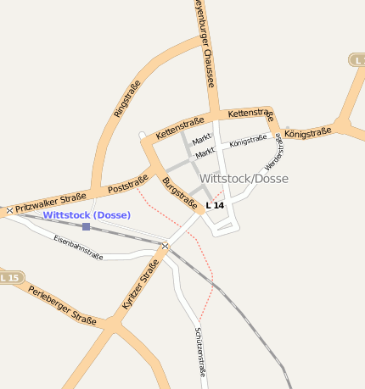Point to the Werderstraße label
pyautogui.click(x=274, y=151)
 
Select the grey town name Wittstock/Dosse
pyautogui.click(x=244, y=179)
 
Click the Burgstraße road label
pyautogui.click(x=179, y=193)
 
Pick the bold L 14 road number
pyautogui.click(x=216, y=205)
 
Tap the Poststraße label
pyautogui.click(x=128, y=184)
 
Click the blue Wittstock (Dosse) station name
pyautogui.click(x=87, y=215)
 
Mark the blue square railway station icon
pyautogui.click(x=86, y=227)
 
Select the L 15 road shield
pyautogui.click(x=9, y=277)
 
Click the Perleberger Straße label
pyautogui.click(x=62, y=305)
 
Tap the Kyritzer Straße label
pyautogui.click(x=140, y=285)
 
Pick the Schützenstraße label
pyautogui.click(x=200, y=350)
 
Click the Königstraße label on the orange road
pyautogui.click(x=308, y=133)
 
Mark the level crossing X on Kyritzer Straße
pyautogui.click(x=166, y=246)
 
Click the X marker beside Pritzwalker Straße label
pyautogui.click(x=9, y=209)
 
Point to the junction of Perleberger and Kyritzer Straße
pyautogui.click(x=111, y=323)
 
